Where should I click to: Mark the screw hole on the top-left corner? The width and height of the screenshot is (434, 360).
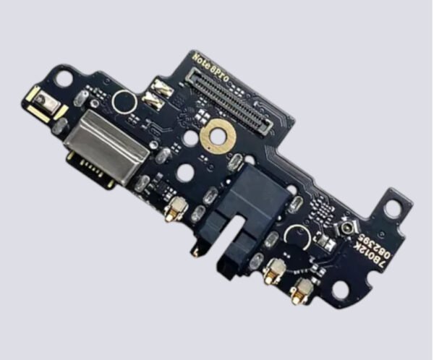(x=64, y=77)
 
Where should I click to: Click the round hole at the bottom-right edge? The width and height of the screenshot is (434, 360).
(x=340, y=291)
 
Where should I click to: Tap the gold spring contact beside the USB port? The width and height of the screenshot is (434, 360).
(x=174, y=210)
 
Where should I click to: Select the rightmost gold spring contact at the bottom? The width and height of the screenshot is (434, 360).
(x=302, y=289)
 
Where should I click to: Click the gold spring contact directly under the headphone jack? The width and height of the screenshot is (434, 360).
(x=273, y=271)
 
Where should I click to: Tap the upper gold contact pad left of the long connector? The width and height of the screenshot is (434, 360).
(x=161, y=89)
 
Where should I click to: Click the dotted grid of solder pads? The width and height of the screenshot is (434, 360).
(x=320, y=210)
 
